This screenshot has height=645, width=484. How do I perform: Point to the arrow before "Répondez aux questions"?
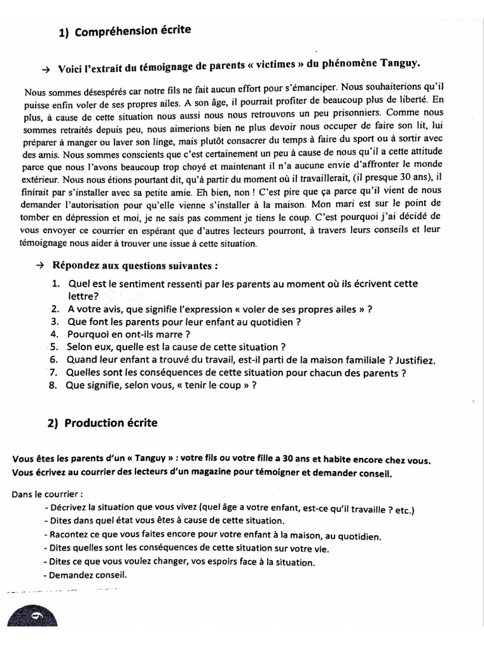(41, 265)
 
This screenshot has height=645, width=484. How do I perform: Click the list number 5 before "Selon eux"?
(54, 346)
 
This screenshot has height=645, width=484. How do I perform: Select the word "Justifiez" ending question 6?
(415, 360)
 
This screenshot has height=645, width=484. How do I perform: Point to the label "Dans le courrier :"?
(47, 494)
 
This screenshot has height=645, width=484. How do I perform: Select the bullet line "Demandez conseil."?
(86, 574)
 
